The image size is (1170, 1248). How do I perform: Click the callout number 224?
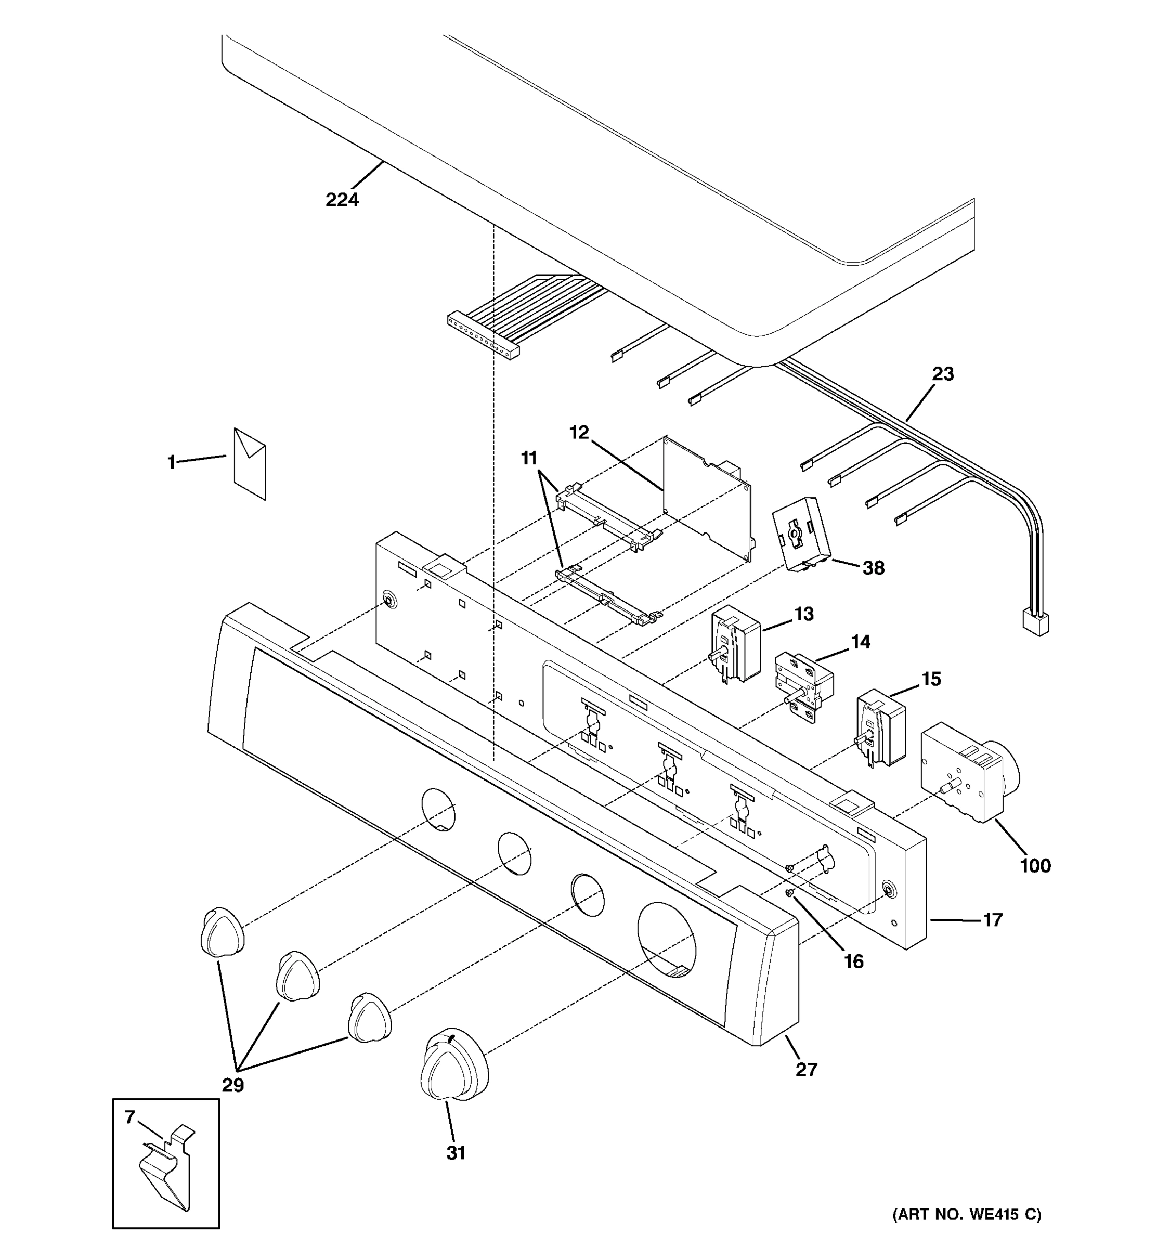pos(342,200)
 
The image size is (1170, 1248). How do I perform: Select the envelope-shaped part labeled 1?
pos(250,464)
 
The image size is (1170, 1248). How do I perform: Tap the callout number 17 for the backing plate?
pos(992,920)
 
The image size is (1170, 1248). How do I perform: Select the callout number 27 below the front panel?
pos(807,1069)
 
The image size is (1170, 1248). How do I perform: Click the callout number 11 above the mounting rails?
pos(529,459)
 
